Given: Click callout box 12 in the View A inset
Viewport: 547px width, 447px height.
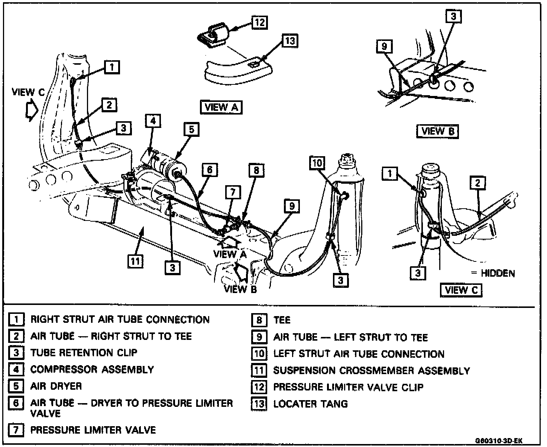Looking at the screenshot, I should click(259, 22).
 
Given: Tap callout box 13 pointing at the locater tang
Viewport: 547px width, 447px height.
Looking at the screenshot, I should click(290, 41).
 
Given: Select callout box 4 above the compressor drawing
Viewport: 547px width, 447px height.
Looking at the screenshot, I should click(153, 121).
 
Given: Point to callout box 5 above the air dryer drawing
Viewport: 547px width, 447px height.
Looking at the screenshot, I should click(191, 130).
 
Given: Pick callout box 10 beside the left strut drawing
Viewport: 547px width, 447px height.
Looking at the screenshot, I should click(317, 163).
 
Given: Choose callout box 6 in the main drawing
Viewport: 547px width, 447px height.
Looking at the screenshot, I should click(210, 170).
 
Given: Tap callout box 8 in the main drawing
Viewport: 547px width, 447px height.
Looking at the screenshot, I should click(256, 171).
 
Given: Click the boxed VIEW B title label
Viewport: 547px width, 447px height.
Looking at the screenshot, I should click(438, 131).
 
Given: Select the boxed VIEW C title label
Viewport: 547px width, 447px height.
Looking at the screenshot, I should click(461, 290).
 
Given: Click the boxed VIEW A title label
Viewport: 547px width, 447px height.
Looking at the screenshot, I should click(221, 107).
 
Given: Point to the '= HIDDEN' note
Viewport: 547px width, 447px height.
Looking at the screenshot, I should click(493, 273).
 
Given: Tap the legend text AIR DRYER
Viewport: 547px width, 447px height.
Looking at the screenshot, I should click(56, 386).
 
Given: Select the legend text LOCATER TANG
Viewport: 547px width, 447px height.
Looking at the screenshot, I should click(310, 403).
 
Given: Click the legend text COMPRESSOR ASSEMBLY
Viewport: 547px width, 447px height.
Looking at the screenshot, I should click(92, 369).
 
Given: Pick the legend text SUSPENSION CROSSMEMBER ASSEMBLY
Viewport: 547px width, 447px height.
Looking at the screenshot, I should click(372, 371).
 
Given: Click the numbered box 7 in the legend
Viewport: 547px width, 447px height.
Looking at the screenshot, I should click(16, 430).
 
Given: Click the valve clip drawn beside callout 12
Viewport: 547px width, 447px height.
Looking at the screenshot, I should click(212, 35).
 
